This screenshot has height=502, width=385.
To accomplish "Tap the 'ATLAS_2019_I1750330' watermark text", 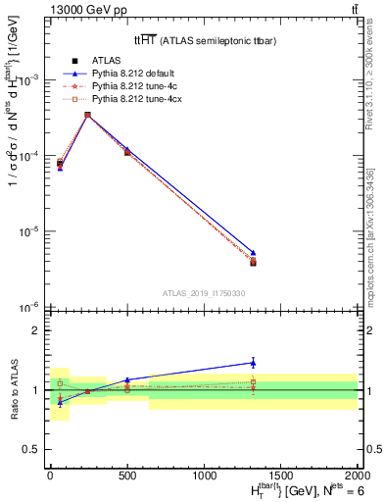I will point(204,292).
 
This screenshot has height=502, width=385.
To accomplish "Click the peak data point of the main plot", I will point(88,115).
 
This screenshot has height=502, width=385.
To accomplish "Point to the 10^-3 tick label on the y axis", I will point(30,80).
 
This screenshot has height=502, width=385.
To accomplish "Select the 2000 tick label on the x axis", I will point(358,474).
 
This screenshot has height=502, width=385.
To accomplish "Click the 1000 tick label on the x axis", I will point(204,474).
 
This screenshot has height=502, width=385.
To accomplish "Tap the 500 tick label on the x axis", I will point(126,474).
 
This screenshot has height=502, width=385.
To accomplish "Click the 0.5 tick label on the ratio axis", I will point(33,449).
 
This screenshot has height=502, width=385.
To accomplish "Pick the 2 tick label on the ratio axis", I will point(37,330).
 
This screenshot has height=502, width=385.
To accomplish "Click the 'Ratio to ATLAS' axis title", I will point(14,389).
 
